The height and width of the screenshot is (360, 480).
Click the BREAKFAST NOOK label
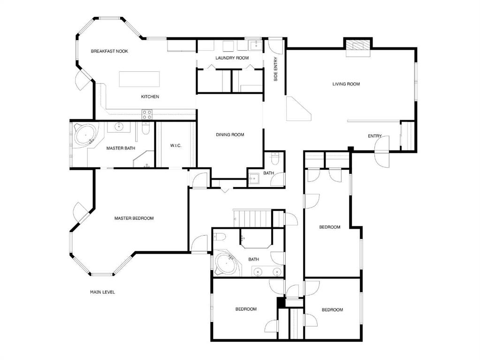[109, 51]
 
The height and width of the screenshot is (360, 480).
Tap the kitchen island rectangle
[139, 79]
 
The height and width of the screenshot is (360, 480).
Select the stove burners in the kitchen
[147, 114]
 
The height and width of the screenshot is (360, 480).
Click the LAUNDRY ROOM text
[232, 58]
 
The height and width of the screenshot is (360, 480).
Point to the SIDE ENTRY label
[276, 69]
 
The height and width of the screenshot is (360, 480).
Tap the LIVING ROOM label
[346, 84]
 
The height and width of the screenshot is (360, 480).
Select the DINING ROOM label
[230, 135]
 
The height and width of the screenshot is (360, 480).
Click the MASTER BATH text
[121, 149]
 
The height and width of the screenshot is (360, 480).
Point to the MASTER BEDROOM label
[134, 218]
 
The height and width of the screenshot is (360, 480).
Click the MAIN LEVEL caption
[102, 292]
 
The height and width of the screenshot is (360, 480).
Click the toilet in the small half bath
[275, 159]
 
